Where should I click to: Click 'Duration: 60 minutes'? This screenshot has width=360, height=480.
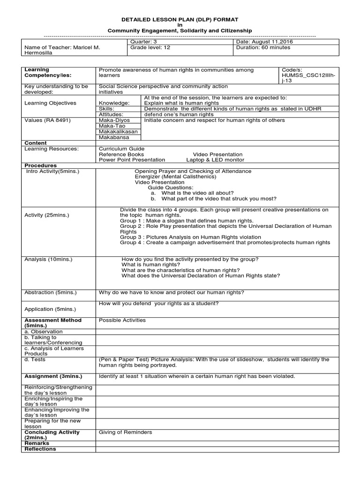[x=263, y=47]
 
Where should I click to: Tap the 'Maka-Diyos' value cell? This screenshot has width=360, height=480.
[x=114, y=120]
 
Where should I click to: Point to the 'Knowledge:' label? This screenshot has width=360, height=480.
[x=114, y=103]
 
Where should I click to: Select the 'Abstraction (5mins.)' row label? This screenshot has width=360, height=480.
[x=50, y=292]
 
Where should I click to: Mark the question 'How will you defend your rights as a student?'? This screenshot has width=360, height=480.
[x=158, y=303]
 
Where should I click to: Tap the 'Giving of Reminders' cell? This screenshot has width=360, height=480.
[x=125, y=432]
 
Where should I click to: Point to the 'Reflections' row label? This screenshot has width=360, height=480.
[x=40, y=449]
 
